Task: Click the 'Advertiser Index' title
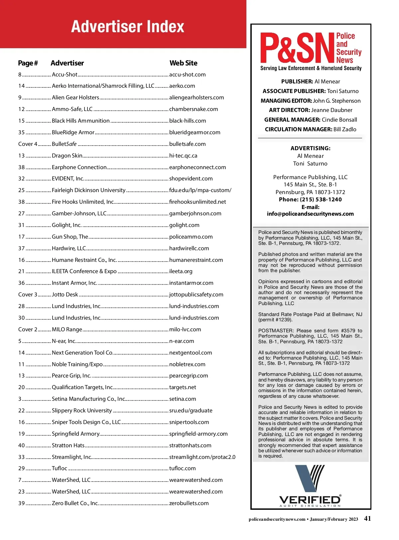point(128,27)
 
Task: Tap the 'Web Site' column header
point(183,63)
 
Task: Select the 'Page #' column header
point(28,63)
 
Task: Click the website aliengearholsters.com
point(197,98)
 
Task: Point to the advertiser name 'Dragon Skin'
point(67,156)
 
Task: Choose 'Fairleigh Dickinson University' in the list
point(88,190)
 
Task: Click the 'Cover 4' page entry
point(28,144)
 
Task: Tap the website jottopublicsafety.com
point(196,295)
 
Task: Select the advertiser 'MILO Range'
point(67,330)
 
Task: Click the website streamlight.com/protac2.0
point(202,457)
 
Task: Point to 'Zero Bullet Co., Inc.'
point(75,503)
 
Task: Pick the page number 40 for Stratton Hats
point(22,446)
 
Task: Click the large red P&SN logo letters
point(297,48)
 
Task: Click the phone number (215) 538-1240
point(321,200)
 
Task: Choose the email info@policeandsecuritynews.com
point(310,214)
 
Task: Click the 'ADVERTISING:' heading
point(310,149)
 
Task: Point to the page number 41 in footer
point(367,519)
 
